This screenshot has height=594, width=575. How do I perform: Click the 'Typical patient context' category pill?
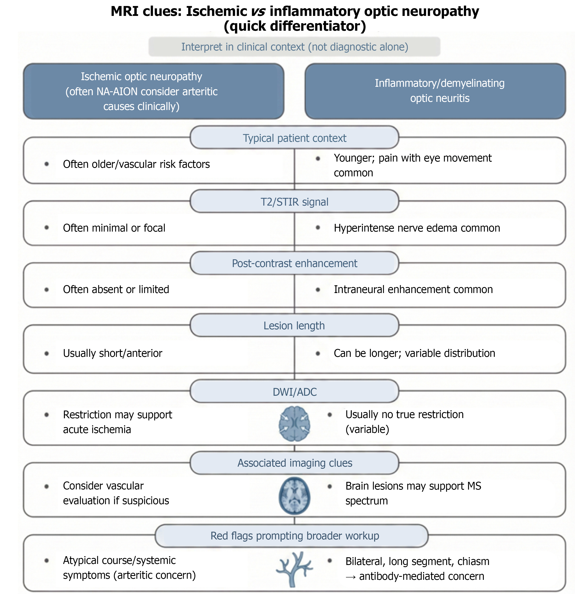tap(294, 137)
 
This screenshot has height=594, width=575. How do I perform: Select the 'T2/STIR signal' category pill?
tap(294, 202)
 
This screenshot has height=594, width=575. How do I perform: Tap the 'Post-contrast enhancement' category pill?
tap(294, 263)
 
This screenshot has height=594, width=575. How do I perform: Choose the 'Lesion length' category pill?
tap(294, 325)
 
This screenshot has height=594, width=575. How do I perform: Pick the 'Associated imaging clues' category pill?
tap(294, 463)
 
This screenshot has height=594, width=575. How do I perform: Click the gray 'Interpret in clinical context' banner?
tap(294, 47)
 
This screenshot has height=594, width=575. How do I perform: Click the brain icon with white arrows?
tap(294, 424)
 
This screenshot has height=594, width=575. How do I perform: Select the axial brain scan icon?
tap(294, 496)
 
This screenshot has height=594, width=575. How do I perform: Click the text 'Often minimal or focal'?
tap(114, 228)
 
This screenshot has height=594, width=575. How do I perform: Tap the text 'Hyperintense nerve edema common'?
tap(417, 228)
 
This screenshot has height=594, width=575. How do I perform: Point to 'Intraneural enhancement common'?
tap(413, 289)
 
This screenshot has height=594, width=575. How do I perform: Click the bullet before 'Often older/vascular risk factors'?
tap(47, 164)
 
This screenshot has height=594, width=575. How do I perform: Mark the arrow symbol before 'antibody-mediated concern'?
tap(351, 577)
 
